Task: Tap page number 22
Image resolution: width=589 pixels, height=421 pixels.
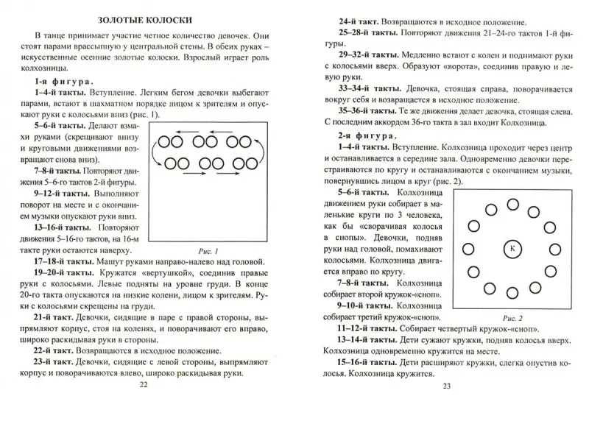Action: click(144, 404)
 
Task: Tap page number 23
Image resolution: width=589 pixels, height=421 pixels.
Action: click(444, 408)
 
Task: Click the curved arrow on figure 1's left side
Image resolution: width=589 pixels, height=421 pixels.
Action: click(155, 152)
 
